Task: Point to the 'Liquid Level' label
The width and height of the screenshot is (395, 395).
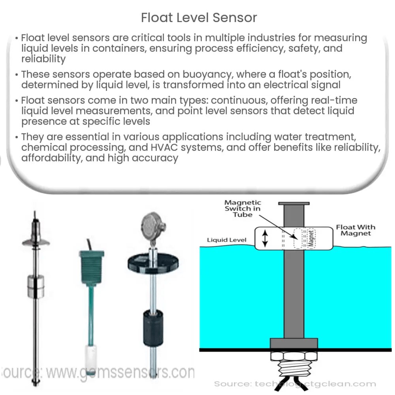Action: click(227, 240)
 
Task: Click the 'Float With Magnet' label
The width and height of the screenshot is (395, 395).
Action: click(355, 230)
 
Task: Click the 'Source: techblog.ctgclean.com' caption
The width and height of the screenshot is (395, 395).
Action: click(295, 384)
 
